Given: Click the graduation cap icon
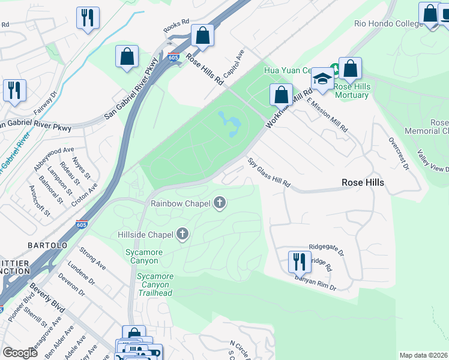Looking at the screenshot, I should click(x=322, y=79).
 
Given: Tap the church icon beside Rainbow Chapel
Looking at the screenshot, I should click(x=220, y=203).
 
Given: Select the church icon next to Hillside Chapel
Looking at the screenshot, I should click(x=182, y=235).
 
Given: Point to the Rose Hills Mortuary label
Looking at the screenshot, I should click(x=352, y=91).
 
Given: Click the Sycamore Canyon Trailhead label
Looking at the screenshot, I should click(x=154, y=284).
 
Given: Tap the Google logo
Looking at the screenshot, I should click(x=20, y=353).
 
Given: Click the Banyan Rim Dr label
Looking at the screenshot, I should click(x=315, y=283).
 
